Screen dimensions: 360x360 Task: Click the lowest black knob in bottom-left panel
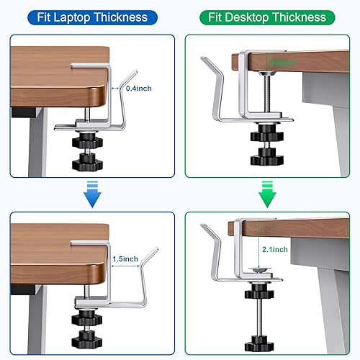click(86, 334)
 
